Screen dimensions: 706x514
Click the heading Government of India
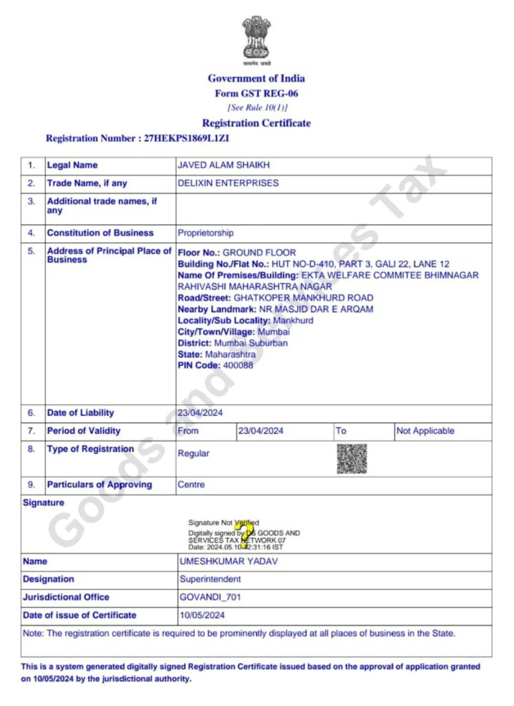(x=256, y=78)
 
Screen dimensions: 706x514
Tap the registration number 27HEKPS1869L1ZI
(x=186, y=139)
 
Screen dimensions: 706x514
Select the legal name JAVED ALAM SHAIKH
(x=223, y=165)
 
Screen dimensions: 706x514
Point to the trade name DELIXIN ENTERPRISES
(x=228, y=183)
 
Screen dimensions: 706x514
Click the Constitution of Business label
(x=100, y=233)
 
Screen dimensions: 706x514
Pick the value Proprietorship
(x=205, y=233)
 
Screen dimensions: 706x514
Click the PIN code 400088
(x=238, y=366)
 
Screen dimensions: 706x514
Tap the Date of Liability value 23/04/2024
(x=200, y=413)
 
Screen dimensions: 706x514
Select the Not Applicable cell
(x=425, y=431)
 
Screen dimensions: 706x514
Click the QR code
(x=352, y=458)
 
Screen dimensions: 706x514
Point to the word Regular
(x=193, y=453)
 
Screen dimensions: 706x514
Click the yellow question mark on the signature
(x=245, y=534)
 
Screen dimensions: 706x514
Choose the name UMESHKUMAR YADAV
(x=228, y=561)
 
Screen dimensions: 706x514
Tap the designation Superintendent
(x=210, y=579)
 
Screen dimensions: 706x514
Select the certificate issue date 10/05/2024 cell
(x=202, y=615)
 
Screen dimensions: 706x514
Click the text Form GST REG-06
(x=256, y=93)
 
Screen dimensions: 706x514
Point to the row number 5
(x=32, y=251)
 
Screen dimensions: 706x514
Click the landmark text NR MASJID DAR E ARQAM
(x=316, y=309)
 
